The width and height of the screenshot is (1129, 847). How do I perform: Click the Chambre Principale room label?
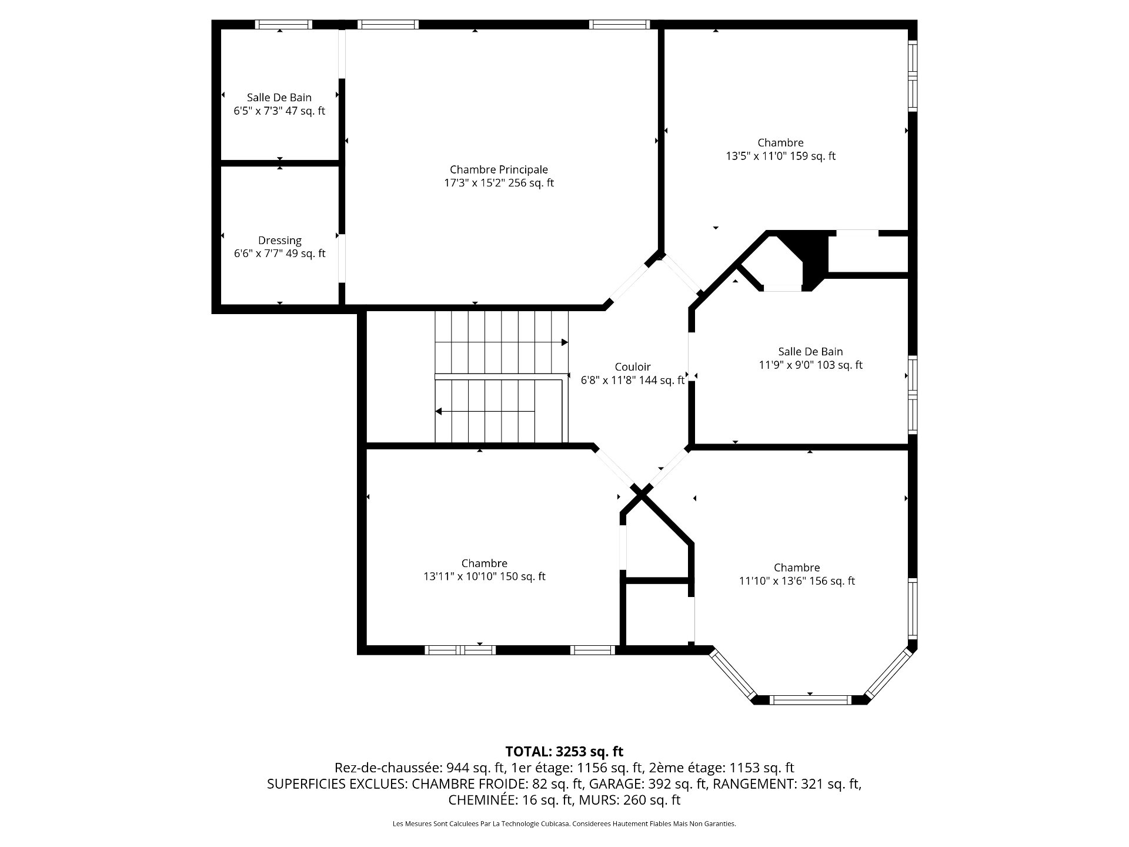click(499, 170)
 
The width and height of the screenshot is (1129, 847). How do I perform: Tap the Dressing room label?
click(280, 241)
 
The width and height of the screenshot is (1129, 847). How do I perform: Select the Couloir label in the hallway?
click(633, 367)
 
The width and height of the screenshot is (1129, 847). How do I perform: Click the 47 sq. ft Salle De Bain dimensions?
click(279, 111)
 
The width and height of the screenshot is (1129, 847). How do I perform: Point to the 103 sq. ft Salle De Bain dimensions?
click(811, 365)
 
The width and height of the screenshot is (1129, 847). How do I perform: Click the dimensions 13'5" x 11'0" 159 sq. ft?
click(781, 156)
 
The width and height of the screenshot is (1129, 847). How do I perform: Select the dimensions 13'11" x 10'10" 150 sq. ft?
click(485, 576)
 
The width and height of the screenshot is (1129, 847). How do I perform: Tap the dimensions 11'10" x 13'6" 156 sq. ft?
click(797, 581)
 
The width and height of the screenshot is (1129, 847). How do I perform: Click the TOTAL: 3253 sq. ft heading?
click(564, 751)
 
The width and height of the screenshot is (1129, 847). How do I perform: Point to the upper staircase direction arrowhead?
click(564, 342)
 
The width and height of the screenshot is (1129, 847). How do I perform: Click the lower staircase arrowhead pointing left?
click(439, 411)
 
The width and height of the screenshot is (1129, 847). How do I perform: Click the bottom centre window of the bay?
click(810, 700)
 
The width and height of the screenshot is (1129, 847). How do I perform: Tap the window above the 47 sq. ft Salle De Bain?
click(284, 25)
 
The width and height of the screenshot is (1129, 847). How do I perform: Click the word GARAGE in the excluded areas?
click(615, 783)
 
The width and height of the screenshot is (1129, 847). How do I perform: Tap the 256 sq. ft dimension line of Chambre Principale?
click(499, 183)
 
